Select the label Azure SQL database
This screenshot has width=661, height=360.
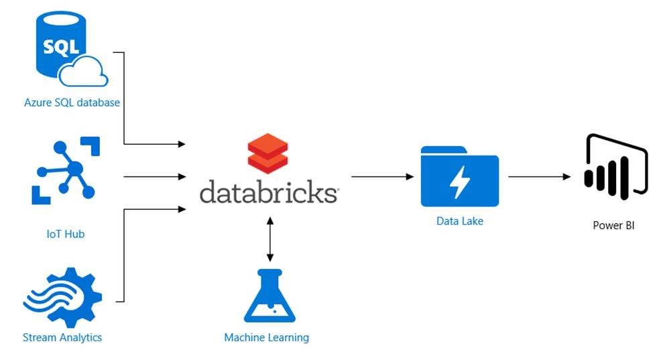click(x=72, y=103)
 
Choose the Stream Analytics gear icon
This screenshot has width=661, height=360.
click(x=62, y=298)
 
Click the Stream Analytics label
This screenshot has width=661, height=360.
click(x=62, y=337)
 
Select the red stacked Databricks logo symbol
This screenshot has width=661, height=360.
click(x=267, y=154)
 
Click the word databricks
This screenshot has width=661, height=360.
click(x=268, y=192)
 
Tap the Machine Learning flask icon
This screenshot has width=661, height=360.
click(x=269, y=296)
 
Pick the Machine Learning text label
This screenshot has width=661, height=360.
click(x=266, y=337)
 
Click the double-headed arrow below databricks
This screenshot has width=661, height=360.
click(x=269, y=239)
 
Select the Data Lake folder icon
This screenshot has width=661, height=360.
click(x=459, y=176)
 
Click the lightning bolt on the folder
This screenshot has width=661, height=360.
click(x=461, y=181)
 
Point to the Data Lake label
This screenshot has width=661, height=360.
click(x=459, y=221)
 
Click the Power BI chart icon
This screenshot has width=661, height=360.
click(x=615, y=164)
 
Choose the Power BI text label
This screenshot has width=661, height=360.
click(x=613, y=226)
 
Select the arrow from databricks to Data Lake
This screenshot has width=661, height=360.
click(x=381, y=177)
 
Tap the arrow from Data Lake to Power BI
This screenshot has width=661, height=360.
click(x=538, y=177)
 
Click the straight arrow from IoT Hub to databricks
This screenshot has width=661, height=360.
click(x=154, y=177)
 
